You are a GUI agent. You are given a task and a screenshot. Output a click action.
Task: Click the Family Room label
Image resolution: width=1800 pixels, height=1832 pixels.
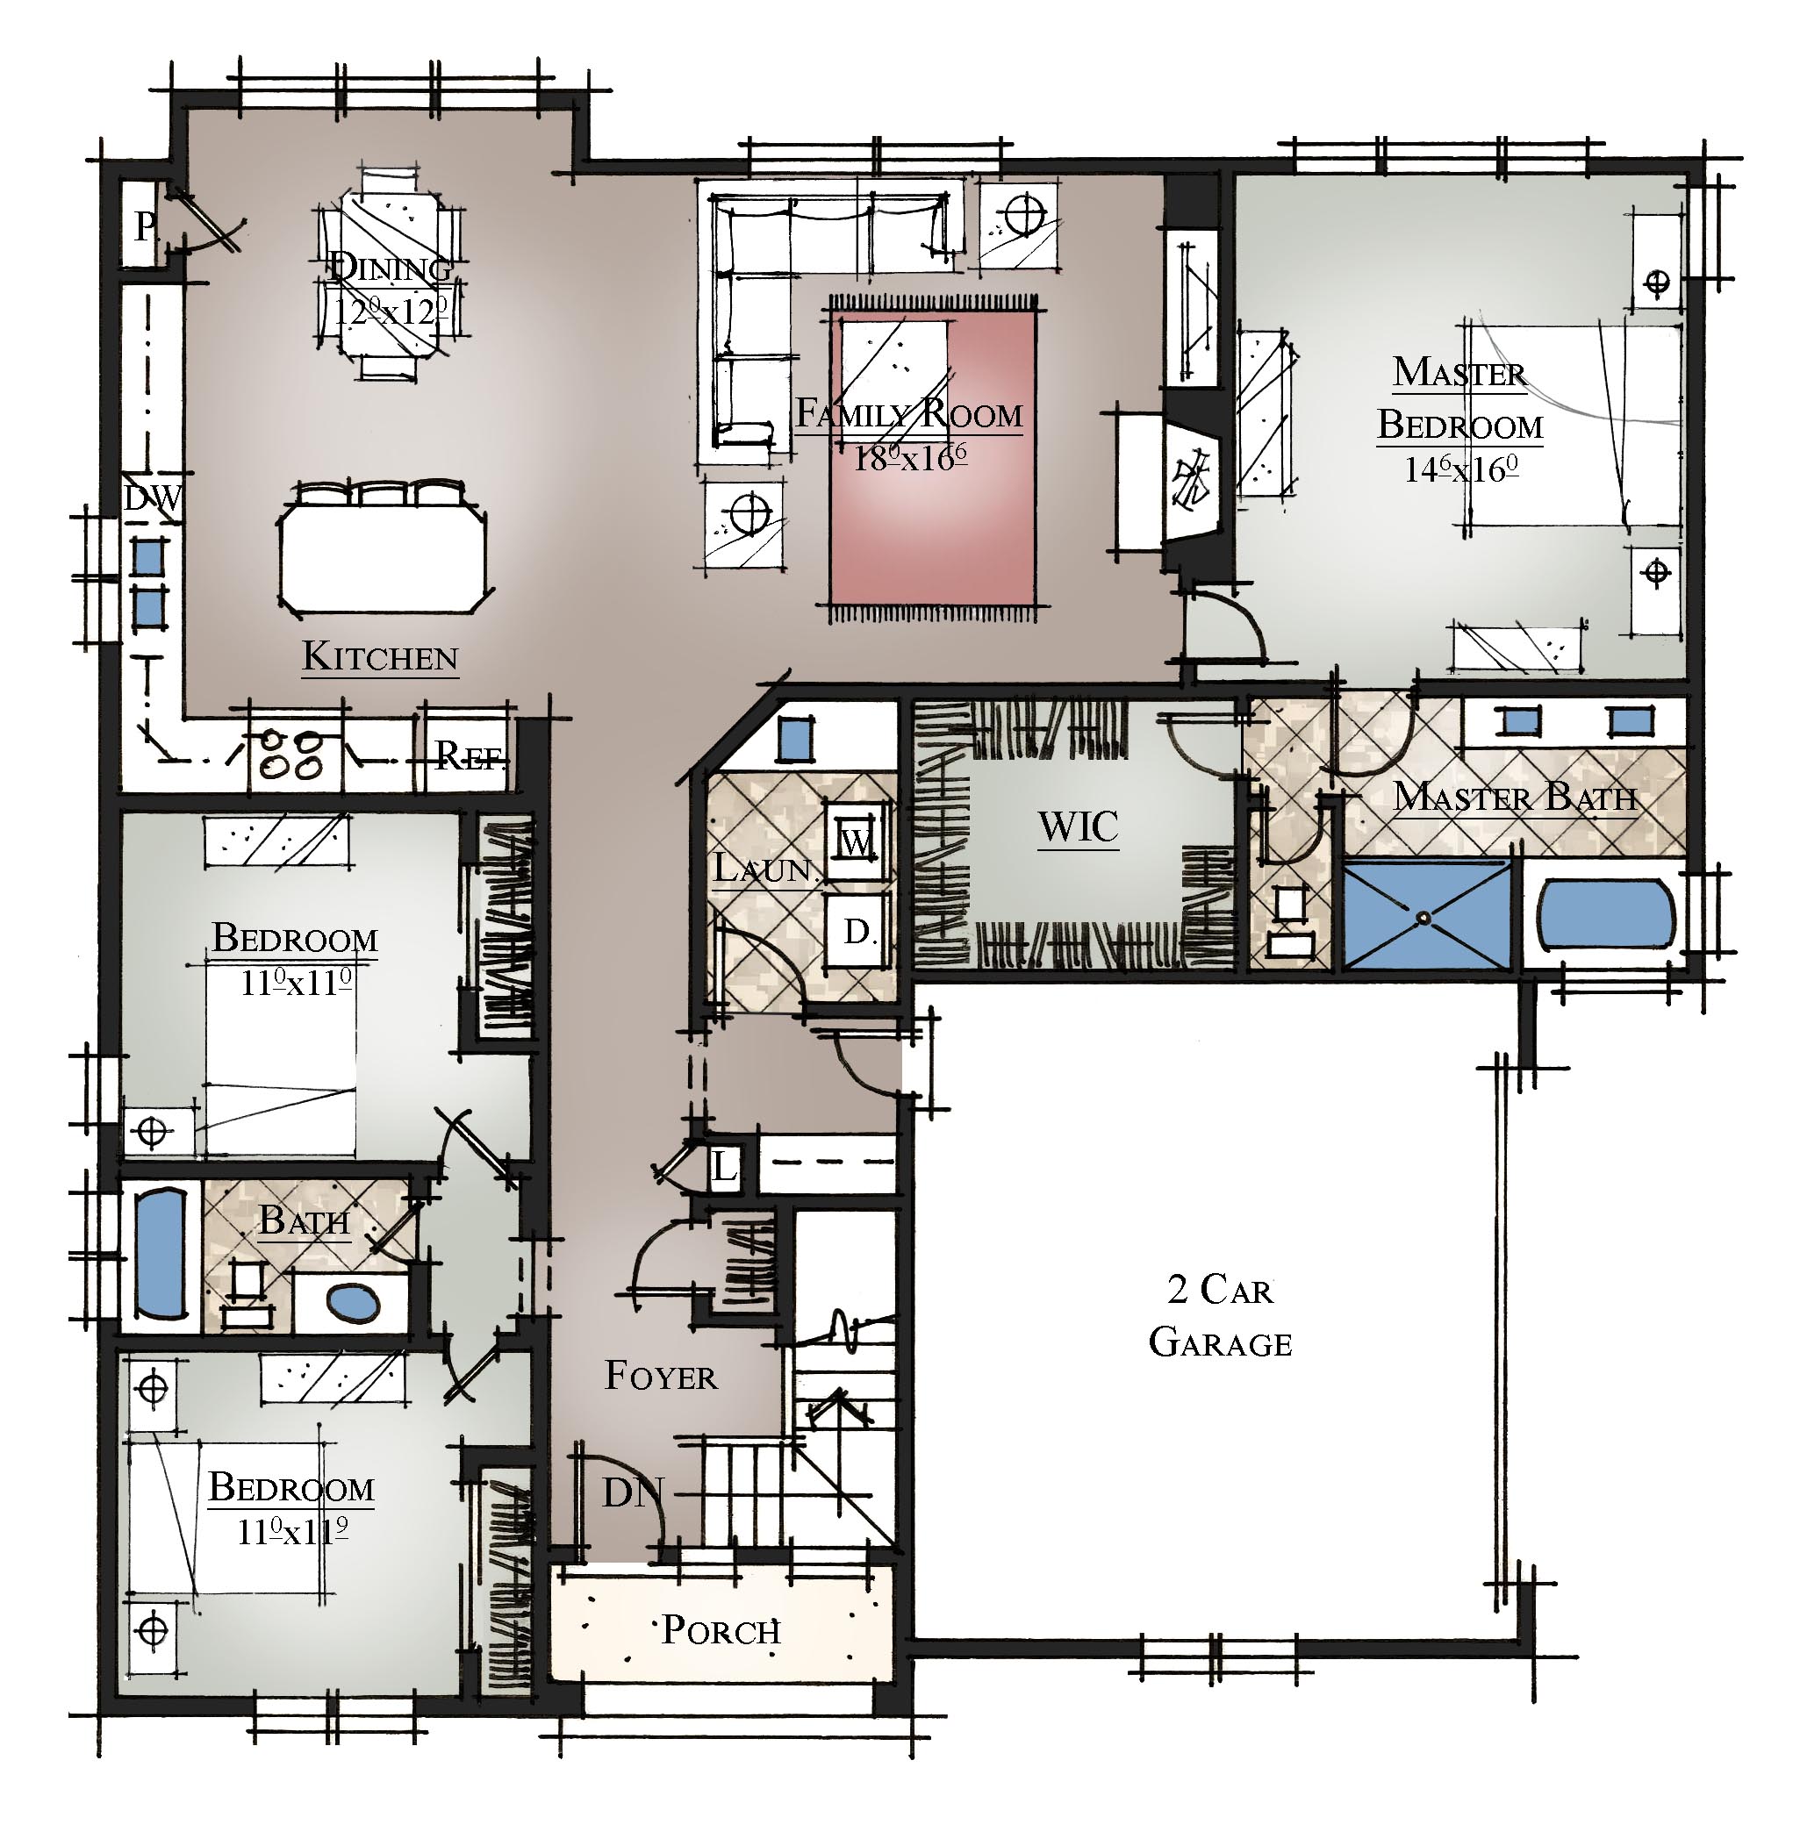click(908, 414)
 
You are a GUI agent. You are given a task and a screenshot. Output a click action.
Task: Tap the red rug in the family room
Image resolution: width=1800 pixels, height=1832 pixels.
click(933, 459)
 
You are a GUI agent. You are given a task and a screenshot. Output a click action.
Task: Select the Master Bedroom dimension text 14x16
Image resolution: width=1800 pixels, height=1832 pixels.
click(1460, 469)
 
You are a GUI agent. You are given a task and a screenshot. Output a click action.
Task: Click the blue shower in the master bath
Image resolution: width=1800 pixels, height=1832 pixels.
click(1427, 915)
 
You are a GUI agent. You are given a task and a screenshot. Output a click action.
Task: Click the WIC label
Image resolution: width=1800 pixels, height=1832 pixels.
click(1078, 827)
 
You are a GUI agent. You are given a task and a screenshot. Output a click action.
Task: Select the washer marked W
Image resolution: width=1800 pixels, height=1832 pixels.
click(856, 841)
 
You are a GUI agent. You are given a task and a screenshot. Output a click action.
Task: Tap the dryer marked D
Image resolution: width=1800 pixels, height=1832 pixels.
click(857, 931)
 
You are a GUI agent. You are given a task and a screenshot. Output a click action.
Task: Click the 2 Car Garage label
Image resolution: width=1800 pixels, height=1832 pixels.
click(1221, 1316)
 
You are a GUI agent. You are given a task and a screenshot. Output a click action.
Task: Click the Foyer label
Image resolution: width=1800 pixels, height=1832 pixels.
click(661, 1376)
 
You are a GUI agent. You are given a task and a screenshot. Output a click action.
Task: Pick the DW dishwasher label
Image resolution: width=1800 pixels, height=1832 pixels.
click(152, 498)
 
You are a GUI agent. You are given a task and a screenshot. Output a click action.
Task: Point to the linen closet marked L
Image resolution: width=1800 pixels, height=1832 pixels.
click(723, 1169)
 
